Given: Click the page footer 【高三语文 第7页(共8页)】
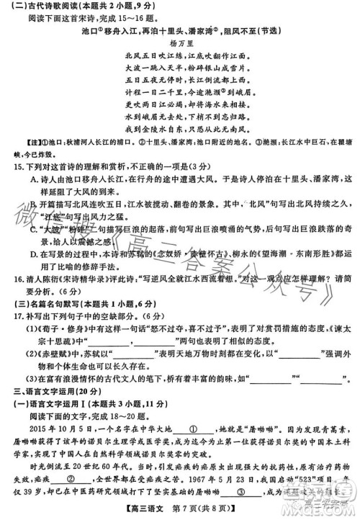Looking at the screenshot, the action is click(x=180, y=510).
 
